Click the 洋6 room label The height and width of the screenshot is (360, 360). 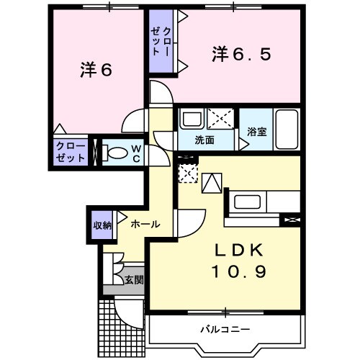[x=96, y=70]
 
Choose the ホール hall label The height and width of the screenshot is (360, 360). [x=145, y=225]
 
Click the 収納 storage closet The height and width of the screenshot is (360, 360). [x=102, y=225]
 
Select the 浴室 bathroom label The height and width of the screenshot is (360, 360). [x=257, y=132]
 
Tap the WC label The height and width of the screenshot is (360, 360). [x=135, y=153]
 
